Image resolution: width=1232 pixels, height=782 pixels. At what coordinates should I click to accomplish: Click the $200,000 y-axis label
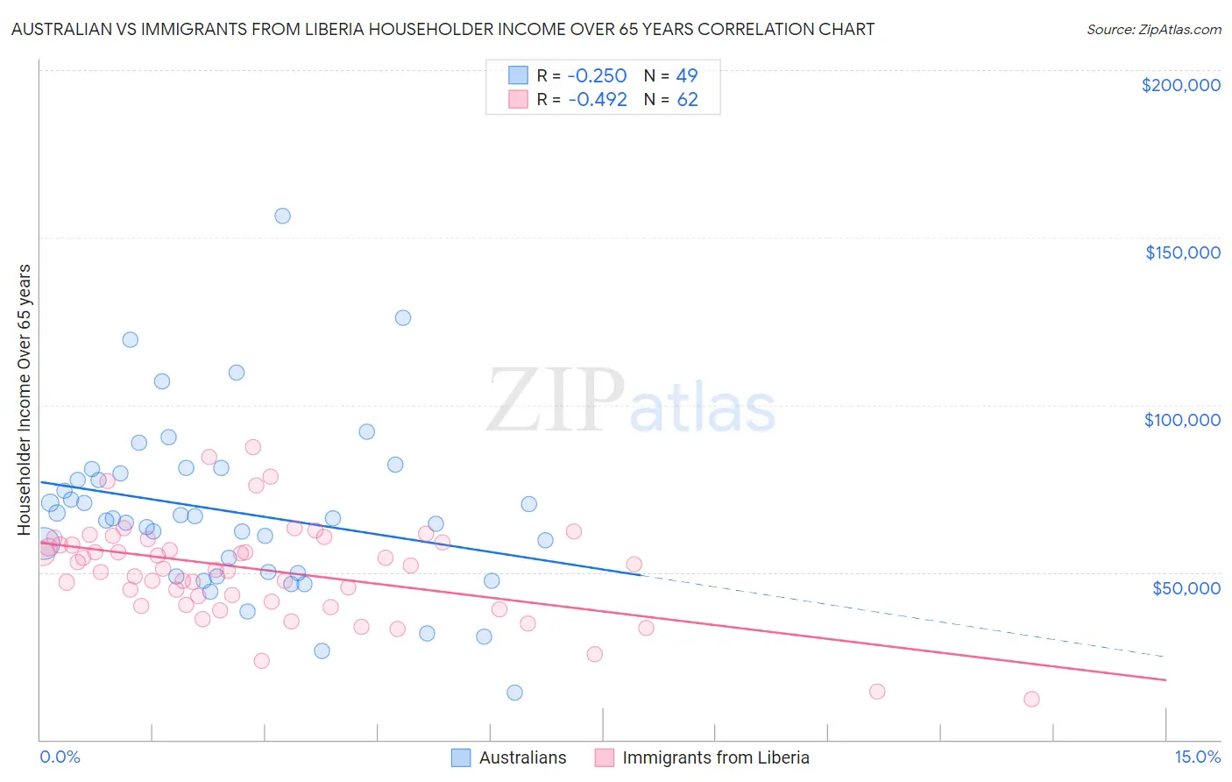1180,85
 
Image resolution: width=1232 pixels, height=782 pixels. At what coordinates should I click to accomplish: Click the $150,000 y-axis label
1182,252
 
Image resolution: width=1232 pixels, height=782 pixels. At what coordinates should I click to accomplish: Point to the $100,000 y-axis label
1182,420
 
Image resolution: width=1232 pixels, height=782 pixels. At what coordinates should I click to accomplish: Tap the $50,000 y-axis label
1186,587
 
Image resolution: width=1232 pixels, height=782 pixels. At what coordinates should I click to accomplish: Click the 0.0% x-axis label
60,757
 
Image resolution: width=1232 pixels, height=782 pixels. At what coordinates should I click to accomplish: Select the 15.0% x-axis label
1197,757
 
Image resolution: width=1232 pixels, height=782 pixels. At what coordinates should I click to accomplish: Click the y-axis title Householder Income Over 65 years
25,399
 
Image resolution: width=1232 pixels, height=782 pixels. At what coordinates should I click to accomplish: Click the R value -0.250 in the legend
597,76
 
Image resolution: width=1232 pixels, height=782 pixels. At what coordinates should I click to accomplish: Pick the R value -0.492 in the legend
597,100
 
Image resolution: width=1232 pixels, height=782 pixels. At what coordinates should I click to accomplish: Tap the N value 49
687,76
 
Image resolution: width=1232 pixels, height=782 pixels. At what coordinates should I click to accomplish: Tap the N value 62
687,100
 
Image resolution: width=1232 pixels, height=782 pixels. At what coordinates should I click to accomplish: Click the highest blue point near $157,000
282,216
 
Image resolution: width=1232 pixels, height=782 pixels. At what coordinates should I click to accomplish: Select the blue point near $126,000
403,317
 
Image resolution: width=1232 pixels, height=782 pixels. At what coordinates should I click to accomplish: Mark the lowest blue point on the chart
514,693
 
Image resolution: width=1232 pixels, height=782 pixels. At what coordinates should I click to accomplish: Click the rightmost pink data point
1031,699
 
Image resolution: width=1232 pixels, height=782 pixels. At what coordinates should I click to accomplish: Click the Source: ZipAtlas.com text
1153,30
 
